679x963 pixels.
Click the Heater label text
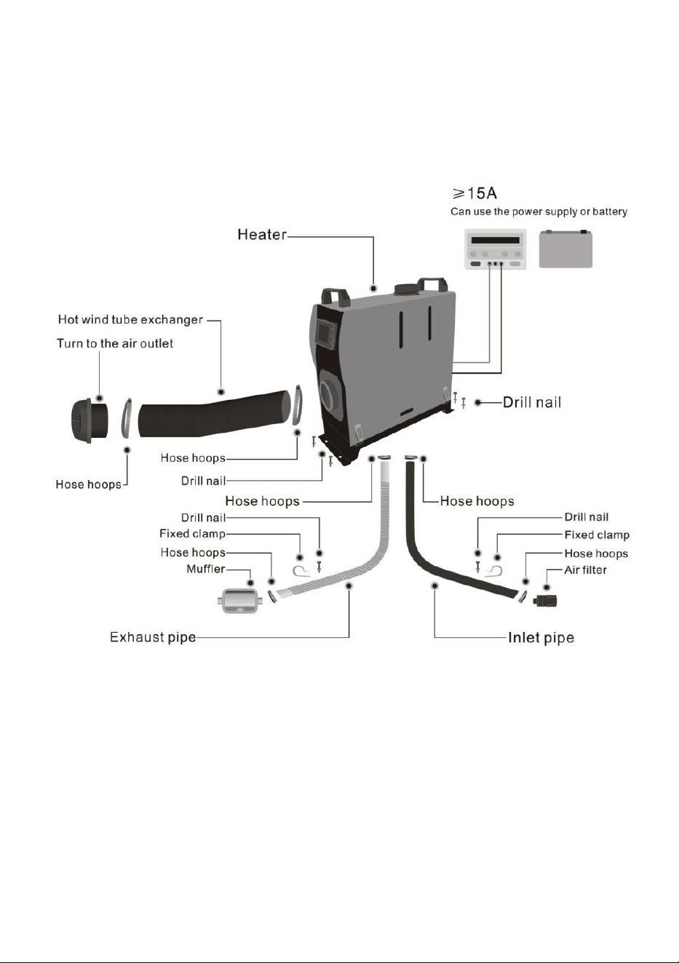[261, 235]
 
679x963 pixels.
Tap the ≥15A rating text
[474, 193]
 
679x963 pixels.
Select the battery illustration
[565, 249]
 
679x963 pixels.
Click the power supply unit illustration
[496, 249]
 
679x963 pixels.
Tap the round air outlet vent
[90, 421]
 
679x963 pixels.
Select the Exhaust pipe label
[153, 637]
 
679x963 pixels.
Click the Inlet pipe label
[541, 637]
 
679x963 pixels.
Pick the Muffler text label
[206, 570]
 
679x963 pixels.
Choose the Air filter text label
[585, 570]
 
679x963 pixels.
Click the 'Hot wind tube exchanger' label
[130, 320]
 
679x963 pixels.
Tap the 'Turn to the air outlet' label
[115, 343]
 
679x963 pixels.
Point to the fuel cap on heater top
[405, 289]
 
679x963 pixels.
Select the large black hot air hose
[214, 414]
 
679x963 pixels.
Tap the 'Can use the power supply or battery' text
[539, 212]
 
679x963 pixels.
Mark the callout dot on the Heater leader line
[373, 287]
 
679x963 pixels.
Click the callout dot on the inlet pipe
[435, 585]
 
